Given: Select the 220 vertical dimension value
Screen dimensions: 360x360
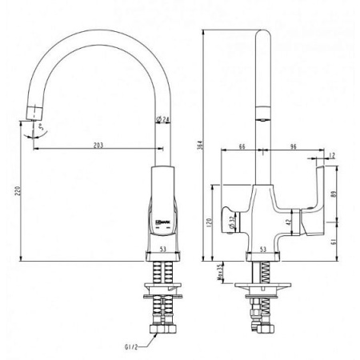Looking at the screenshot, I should pos(17,191).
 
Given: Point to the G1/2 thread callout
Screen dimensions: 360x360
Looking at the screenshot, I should pos(134,347).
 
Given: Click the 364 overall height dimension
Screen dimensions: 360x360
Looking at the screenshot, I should pos(200,146).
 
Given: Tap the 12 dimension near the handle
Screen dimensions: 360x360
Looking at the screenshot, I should pos(331,154).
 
